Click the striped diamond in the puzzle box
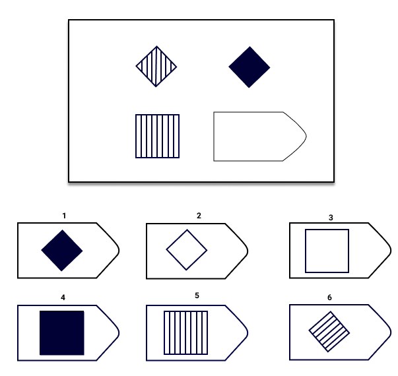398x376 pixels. (156, 67)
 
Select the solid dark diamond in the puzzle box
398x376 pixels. (249, 67)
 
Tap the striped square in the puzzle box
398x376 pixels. (157, 137)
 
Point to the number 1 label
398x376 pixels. (64, 216)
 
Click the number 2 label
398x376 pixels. (199, 216)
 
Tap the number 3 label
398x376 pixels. (331, 218)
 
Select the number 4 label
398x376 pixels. (63, 298)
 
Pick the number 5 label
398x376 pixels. (197, 296)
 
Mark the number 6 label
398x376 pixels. (329, 298)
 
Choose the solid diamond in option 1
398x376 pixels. (62, 251)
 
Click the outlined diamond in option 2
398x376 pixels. (187, 250)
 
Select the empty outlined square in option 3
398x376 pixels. (327, 251)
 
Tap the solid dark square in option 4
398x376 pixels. (62, 333)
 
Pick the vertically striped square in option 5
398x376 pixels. (186, 332)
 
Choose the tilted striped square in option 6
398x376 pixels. (329, 332)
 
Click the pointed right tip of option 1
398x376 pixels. (119, 251)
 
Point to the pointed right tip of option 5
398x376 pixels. (248, 333)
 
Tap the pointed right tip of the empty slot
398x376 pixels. (306, 137)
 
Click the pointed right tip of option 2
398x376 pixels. (248, 251)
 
